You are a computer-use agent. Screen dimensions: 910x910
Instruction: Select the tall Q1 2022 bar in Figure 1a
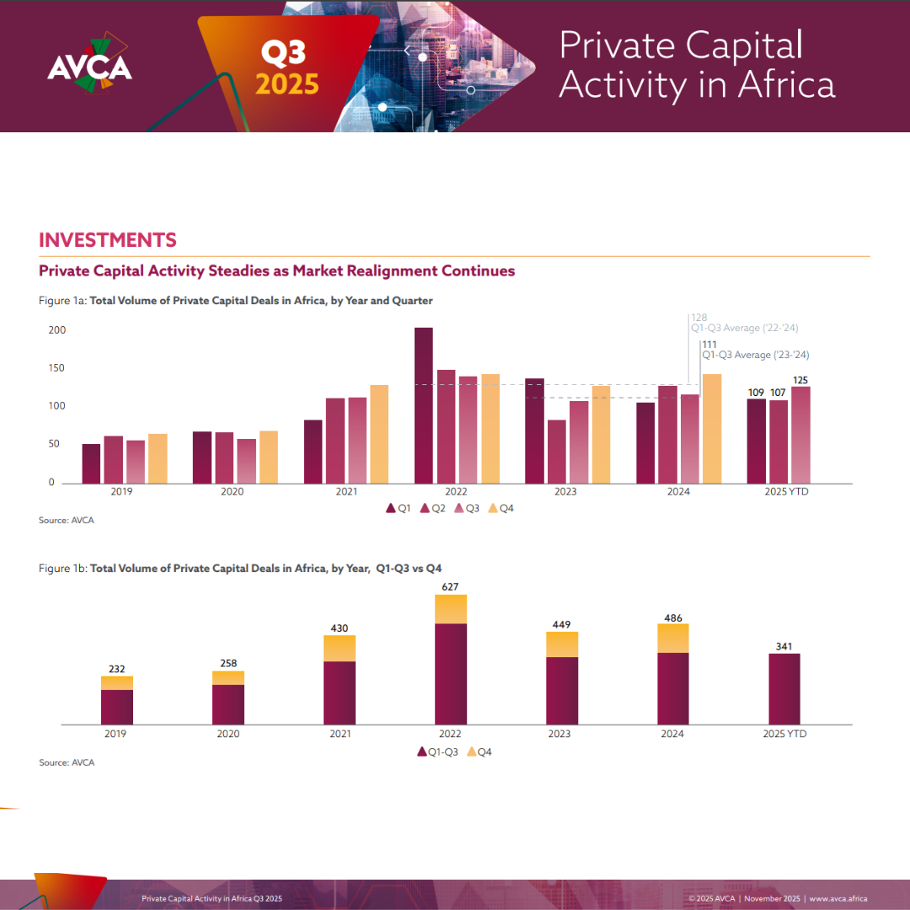423,405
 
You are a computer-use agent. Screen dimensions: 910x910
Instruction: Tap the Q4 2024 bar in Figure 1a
712,429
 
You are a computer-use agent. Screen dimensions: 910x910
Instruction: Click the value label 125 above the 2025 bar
800,381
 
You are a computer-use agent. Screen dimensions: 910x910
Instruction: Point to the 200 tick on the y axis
56,330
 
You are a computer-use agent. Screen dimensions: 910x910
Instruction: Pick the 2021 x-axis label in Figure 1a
345,491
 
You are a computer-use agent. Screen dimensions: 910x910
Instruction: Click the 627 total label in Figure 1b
451,586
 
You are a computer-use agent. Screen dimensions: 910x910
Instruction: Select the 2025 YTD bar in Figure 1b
784,688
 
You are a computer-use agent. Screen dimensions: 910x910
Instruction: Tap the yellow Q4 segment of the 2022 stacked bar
451,609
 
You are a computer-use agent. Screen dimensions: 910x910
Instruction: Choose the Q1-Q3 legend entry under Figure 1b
438,752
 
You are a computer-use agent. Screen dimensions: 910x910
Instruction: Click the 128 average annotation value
699,318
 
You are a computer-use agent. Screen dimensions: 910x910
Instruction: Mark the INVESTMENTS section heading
108,240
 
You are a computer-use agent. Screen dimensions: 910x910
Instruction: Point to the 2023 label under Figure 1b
559,734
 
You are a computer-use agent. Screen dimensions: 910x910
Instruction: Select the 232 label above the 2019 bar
116,669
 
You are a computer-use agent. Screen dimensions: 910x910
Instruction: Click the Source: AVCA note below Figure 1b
67,763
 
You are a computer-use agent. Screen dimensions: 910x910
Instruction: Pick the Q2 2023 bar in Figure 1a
557,452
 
